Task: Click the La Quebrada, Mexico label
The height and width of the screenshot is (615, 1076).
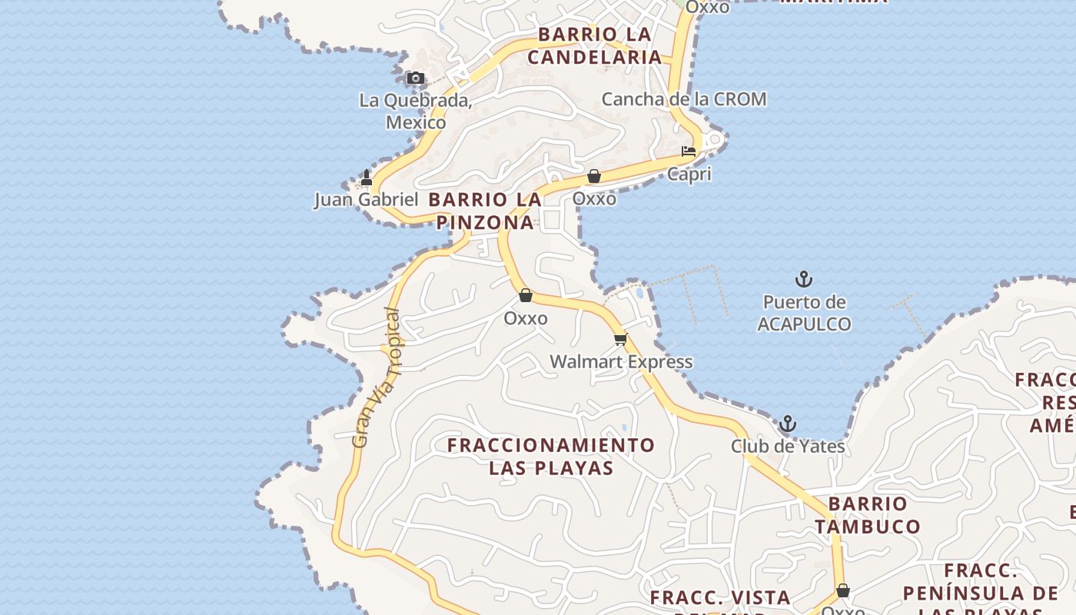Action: (x=415, y=111)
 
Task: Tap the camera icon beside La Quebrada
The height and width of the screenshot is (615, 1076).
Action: (x=415, y=78)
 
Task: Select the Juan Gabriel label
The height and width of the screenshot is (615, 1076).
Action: (x=366, y=200)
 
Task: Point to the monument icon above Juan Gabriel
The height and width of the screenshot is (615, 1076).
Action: (x=367, y=178)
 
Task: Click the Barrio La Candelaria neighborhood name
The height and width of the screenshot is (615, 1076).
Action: (x=595, y=45)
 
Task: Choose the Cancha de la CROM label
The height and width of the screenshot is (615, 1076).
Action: (x=683, y=99)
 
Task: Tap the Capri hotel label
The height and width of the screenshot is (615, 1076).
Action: (x=689, y=174)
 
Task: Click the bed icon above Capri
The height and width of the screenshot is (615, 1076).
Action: (x=689, y=151)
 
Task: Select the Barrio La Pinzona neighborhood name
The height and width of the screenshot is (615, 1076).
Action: (x=485, y=211)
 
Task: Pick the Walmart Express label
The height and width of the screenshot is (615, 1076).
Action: (x=621, y=361)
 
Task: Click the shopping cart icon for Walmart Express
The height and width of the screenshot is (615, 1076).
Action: (x=620, y=339)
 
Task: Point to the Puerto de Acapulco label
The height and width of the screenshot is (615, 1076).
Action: (x=804, y=313)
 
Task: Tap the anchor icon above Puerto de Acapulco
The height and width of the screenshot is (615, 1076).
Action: (x=804, y=279)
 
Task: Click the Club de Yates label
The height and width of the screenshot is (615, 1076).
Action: (x=787, y=446)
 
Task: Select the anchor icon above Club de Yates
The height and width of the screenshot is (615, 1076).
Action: (x=787, y=424)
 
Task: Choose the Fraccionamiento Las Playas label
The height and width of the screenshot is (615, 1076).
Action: (x=551, y=456)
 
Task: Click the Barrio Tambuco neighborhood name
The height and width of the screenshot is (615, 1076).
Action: (x=868, y=515)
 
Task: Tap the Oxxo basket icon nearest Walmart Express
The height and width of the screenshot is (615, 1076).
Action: (x=526, y=295)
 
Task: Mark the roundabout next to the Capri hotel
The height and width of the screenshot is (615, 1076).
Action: (x=715, y=139)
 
